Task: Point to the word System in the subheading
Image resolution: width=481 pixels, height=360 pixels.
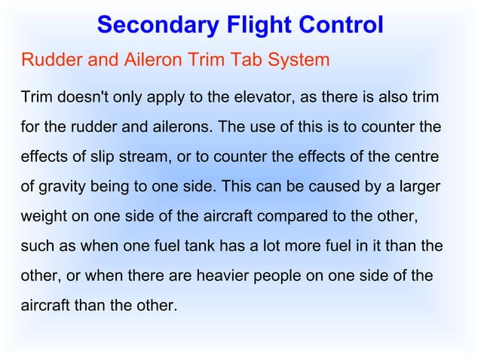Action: point(296,59)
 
